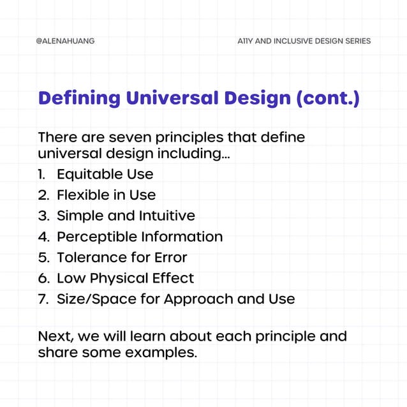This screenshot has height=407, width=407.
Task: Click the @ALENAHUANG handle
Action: point(65,41)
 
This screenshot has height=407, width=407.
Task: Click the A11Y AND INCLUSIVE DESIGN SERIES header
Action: point(303,41)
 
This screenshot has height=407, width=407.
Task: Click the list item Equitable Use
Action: point(105,174)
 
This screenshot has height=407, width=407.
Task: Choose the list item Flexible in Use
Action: point(106,195)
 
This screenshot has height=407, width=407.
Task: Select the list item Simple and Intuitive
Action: point(126,216)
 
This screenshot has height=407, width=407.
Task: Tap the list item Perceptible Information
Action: point(140,237)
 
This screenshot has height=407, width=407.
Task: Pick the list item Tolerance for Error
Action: point(122,258)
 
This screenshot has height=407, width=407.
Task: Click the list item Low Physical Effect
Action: point(125,278)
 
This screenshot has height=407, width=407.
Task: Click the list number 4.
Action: point(43,237)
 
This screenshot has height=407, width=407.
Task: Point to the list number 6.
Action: point(43,278)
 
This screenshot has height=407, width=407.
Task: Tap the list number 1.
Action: point(41,174)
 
